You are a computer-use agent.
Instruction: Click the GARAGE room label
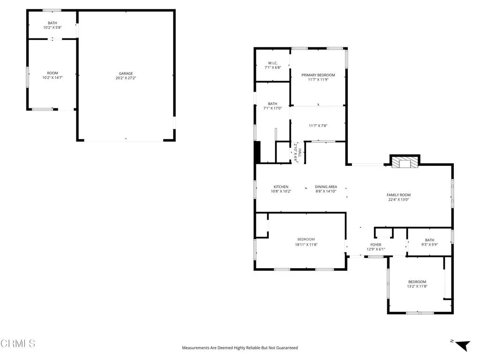pyautogui.click(x=126, y=73)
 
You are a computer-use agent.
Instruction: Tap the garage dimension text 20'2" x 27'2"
pyautogui.click(x=126, y=78)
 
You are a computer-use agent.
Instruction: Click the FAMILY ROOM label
pyautogui.click(x=398, y=195)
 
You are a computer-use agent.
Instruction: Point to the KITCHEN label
pyautogui.click(x=281, y=187)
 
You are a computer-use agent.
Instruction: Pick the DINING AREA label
pyautogui.click(x=326, y=187)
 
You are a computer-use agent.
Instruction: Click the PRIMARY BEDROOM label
pyautogui.click(x=318, y=75)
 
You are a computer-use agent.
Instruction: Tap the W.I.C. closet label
pyautogui.click(x=273, y=63)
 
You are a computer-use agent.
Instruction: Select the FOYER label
pyautogui.click(x=375, y=245)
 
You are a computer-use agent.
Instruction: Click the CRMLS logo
pyautogui.click(x=18, y=344)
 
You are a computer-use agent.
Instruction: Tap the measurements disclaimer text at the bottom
pyautogui.click(x=240, y=348)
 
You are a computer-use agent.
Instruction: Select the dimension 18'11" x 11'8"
pyautogui.click(x=306, y=244)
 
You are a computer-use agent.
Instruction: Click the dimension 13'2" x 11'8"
pyautogui.click(x=417, y=286)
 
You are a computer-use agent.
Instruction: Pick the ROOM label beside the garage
pyautogui.click(x=52, y=73)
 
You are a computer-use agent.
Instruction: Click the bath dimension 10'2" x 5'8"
pyautogui.click(x=52, y=27)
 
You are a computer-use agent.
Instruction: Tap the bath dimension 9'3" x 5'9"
pyautogui.click(x=429, y=245)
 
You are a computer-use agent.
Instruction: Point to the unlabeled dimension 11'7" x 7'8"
pyautogui.click(x=318, y=126)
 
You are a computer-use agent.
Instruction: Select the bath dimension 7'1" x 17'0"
pyautogui.click(x=272, y=108)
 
